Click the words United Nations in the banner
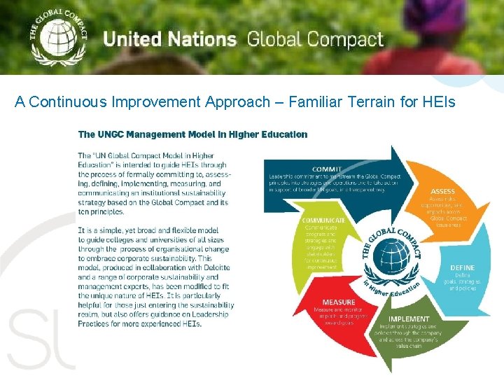(x=169, y=38)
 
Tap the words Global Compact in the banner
(x=315, y=40)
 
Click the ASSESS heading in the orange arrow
(x=442, y=191)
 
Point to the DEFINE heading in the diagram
(x=462, y=267)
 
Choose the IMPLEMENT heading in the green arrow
(x=409, y=319)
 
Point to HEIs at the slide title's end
(x=438, y=102)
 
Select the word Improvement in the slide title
(x=160, y=102)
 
